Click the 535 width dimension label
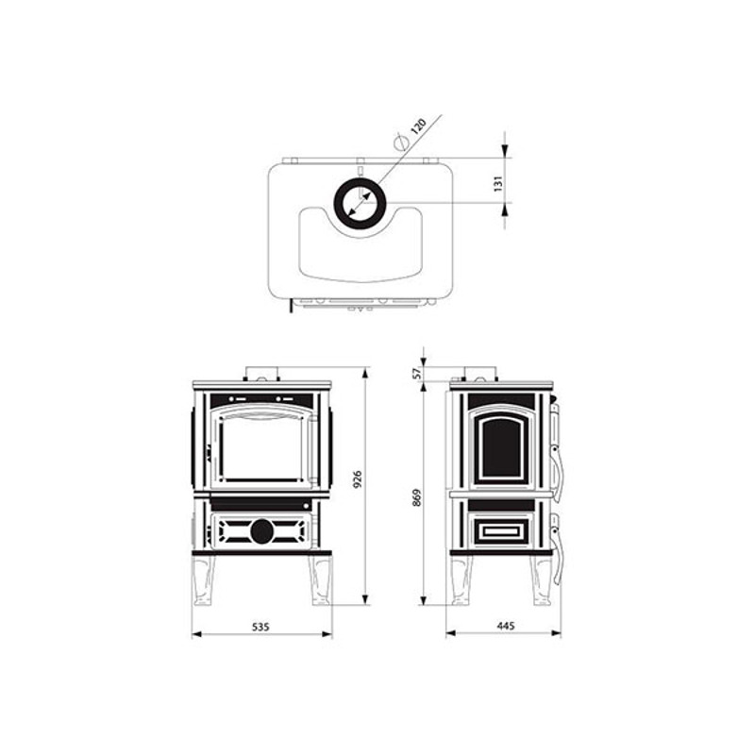(x=260, y=627)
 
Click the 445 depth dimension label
(x=506, y=626)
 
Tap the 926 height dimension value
(x=358, y=479)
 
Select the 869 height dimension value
(x=417, y=497)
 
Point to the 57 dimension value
(x=417, y=373)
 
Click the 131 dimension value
(x=498, y=183)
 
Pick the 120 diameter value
(x=418, y=126)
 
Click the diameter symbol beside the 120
(x=400, y=142)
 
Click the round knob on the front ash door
(x=262, y=531)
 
